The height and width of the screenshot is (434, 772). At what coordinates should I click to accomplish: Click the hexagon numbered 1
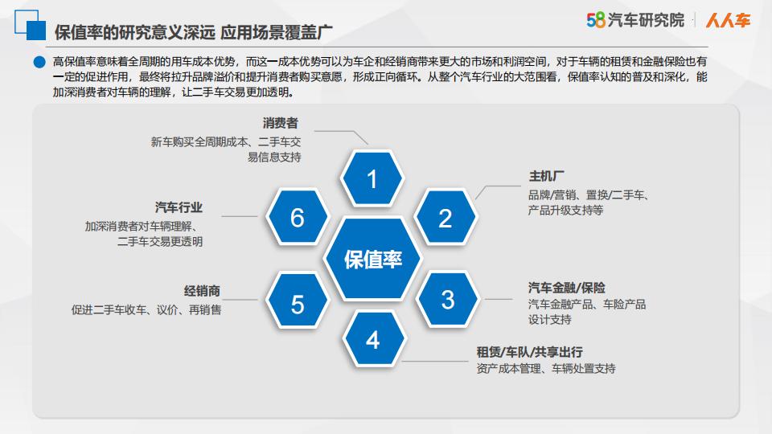point(372,178)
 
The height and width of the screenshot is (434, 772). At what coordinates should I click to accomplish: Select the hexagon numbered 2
point(445,218)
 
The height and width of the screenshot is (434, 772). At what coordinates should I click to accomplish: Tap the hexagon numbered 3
point(447,299)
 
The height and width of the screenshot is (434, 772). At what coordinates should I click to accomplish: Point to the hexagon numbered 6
point(298,217)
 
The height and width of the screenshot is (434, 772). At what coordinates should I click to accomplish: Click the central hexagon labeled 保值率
point(372,259)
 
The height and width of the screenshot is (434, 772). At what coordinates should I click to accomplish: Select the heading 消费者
point(280,123)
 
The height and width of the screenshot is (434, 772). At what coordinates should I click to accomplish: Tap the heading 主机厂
point(547,176)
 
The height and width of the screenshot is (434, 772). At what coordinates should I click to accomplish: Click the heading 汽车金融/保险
point(567,288)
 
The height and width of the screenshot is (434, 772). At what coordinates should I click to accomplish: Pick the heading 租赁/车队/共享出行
point(529,352)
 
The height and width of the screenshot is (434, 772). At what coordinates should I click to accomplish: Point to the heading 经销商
point(202,291)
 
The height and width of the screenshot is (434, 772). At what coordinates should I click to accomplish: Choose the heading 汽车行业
point(179,207)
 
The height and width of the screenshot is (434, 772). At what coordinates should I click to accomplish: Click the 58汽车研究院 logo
point(635,20)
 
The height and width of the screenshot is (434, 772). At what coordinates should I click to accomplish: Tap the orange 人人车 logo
point(729,20)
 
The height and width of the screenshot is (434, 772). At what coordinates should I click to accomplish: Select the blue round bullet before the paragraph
point(39,62)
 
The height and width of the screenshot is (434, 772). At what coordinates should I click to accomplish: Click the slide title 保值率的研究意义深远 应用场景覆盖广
point(193,32)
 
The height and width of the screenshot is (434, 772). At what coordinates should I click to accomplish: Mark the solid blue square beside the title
point(36,31)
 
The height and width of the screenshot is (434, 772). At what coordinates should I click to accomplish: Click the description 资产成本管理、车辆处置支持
point(546,369)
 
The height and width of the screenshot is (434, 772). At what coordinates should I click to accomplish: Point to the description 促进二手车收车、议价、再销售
point(146,309)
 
